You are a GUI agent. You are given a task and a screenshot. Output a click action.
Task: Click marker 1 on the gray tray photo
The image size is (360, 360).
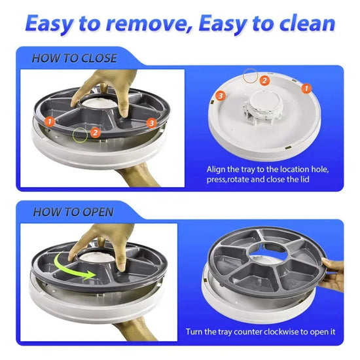coord(49,121)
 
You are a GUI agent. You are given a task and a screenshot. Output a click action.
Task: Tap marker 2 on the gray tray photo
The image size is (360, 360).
coord(95,132)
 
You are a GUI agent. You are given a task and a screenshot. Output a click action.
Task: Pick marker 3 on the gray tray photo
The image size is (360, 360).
coord(151,122)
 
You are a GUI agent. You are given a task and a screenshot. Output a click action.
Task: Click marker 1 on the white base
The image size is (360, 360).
coord(305,86)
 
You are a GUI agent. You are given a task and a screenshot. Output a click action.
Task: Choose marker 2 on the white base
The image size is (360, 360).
coord(264,81)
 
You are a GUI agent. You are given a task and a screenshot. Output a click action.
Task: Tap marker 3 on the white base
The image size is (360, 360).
coord(221,96)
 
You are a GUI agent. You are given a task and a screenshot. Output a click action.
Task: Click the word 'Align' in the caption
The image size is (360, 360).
coord(217,169)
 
